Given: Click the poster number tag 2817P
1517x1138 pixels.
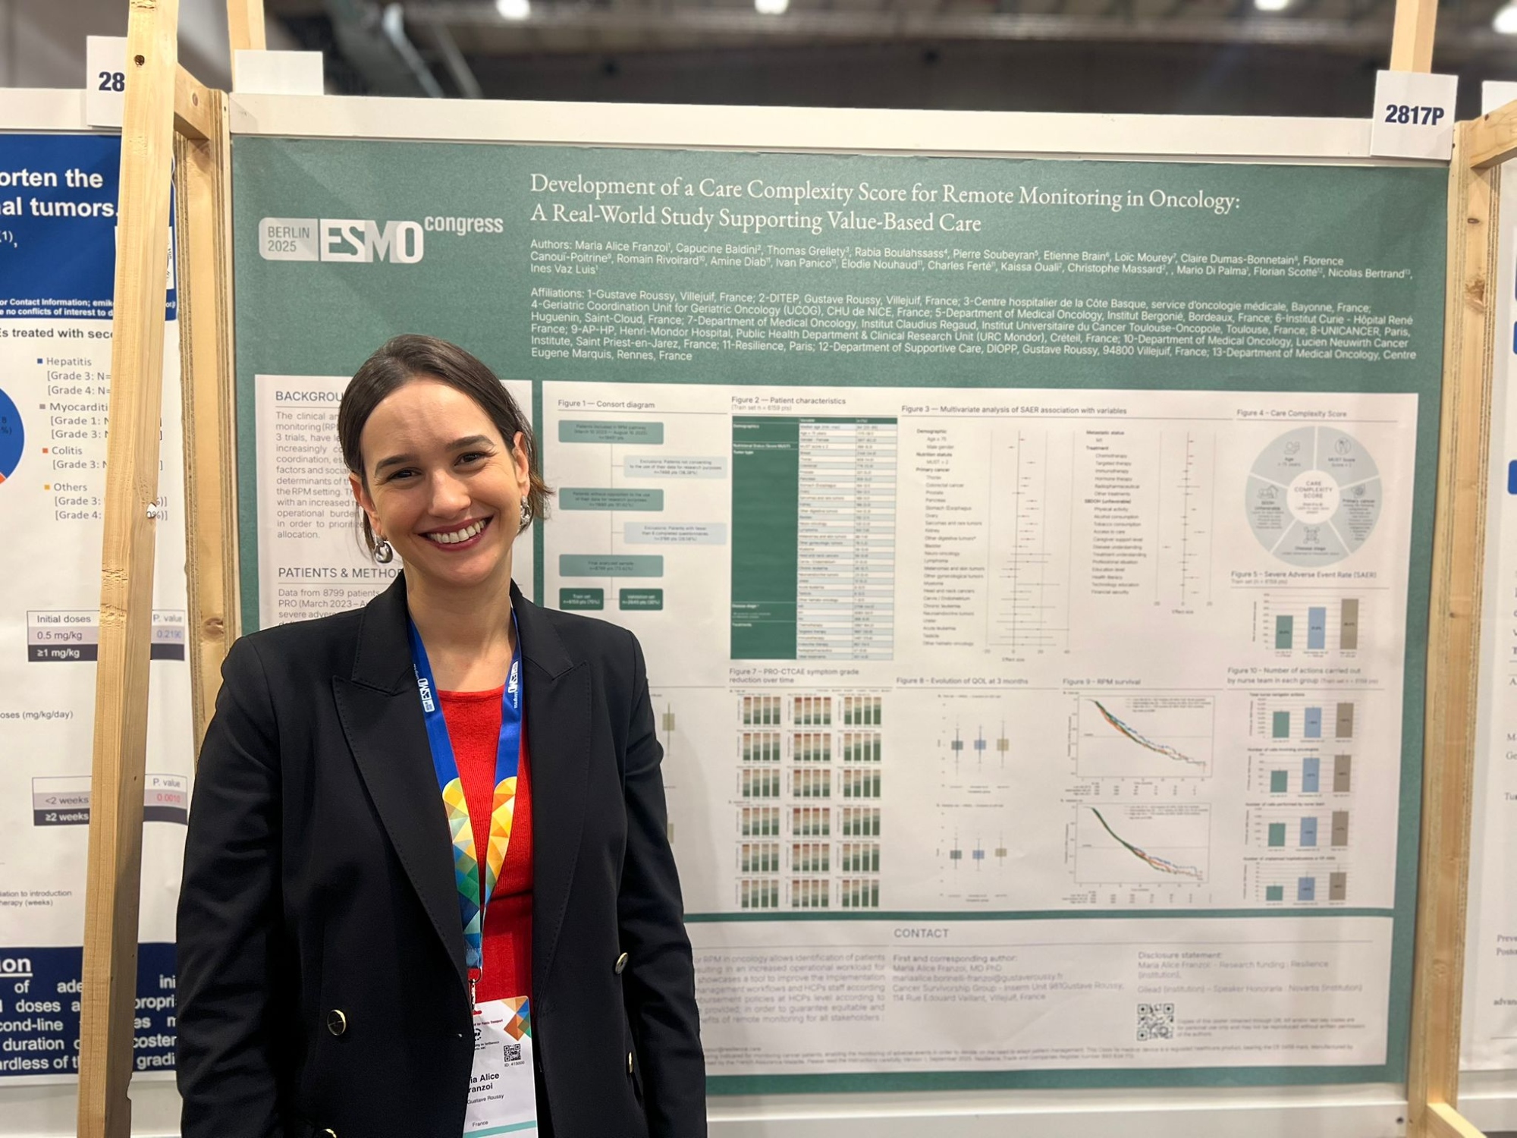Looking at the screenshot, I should (x=1414, y=115).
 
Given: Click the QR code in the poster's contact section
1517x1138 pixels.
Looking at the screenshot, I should (x=1154, y=1021).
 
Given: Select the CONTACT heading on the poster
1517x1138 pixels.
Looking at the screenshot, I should (x=920, y=933).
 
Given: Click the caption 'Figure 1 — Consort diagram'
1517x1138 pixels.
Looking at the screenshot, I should (x=605, y=404).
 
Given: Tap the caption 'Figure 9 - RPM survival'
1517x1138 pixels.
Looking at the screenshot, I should (x=1101, y=681).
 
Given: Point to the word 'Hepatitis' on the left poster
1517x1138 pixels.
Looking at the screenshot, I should (x=68, y=362).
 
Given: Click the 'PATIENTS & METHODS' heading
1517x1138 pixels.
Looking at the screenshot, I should (x=338, y=573).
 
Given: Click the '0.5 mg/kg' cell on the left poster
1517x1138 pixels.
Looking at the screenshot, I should (x=59, y=635).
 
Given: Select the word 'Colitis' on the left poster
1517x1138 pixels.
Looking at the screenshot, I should (x=67, y=451).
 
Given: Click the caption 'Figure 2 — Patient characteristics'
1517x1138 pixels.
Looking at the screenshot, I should (x=787, y=400).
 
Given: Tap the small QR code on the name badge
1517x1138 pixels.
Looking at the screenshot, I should (x=512, y=1052).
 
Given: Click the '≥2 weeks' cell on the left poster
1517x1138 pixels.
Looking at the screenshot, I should (x=66, y=817).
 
